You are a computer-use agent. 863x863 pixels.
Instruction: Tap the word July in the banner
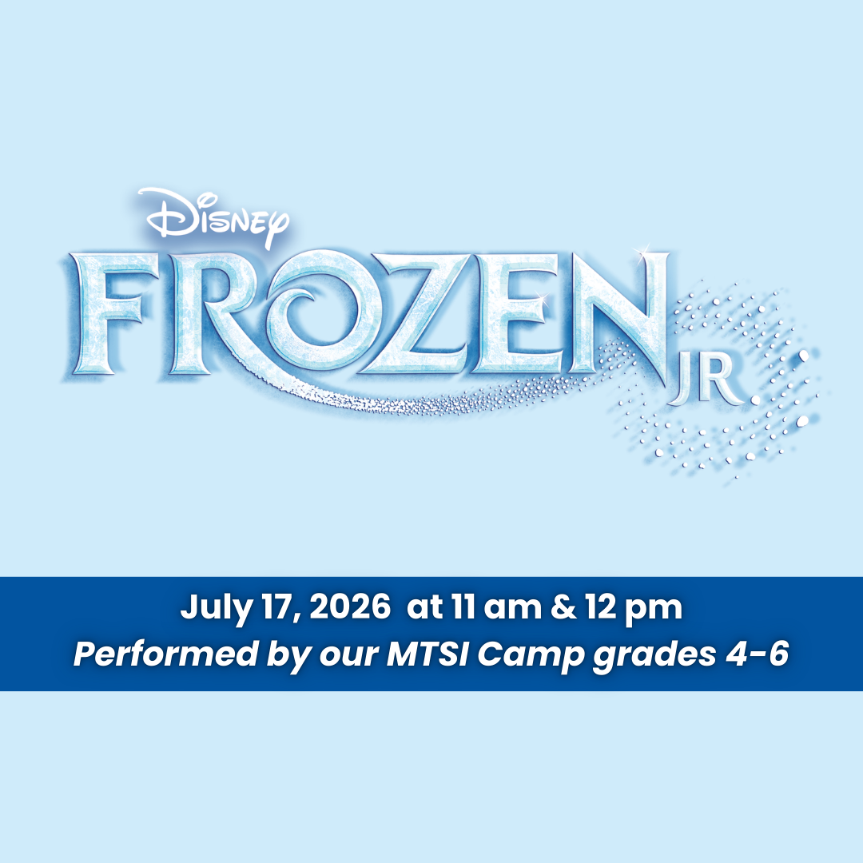pyautogui.click(x=211, y=609)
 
